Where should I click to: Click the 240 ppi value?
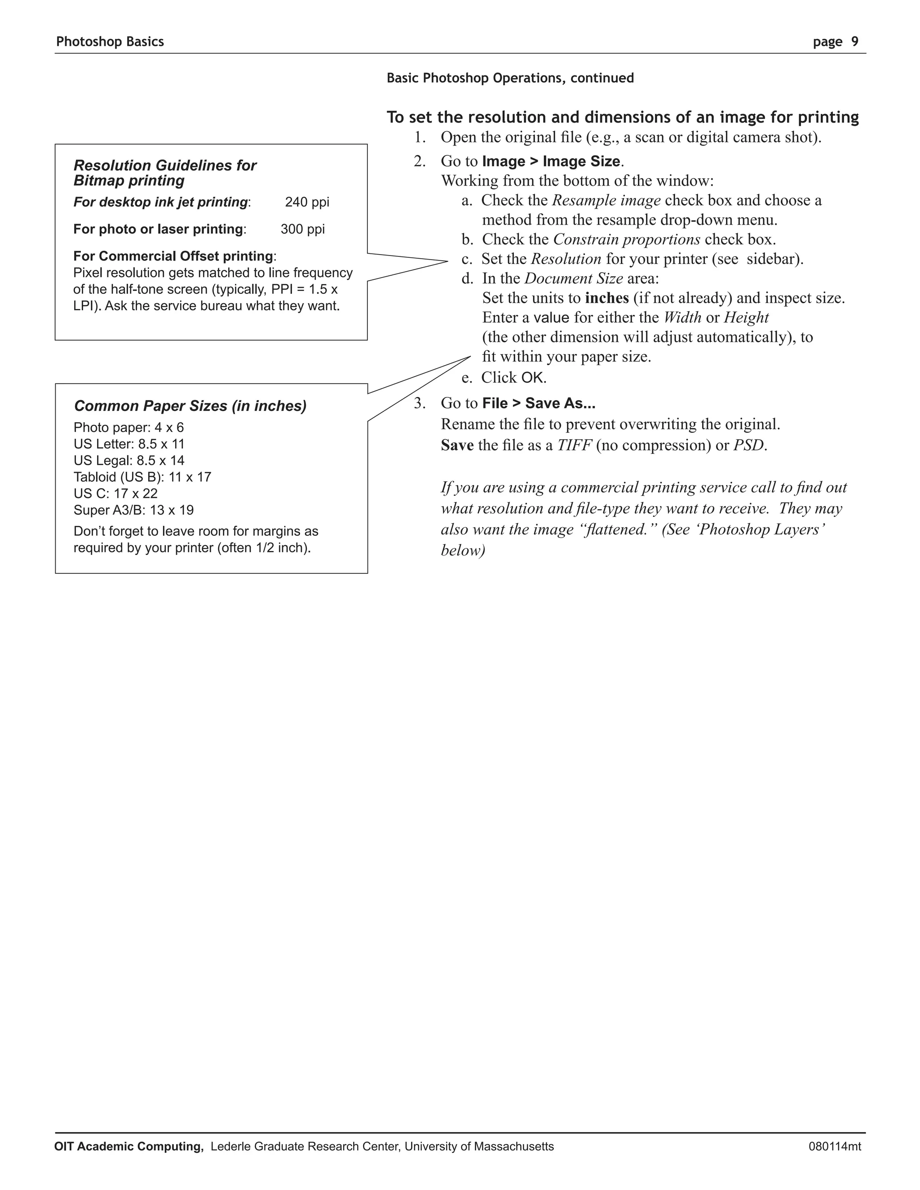tap(307, 202)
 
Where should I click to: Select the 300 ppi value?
tap(302, 229)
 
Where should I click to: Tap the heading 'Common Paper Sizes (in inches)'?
tap(190, 406)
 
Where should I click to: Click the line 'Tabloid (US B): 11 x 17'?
tap(142, 477)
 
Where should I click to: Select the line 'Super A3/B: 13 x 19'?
tap(133, 510)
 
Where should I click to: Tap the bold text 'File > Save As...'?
tap(539, 403)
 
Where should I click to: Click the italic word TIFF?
tap(574, 445)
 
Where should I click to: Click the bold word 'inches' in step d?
tap(606, 298)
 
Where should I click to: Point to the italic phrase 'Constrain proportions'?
tap(626, 239)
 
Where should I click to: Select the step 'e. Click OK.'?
tap(504, 377)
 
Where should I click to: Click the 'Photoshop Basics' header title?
tap(110, 42)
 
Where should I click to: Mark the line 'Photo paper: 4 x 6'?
tap(128, 427)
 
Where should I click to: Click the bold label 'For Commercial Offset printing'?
tap(173, 256)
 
